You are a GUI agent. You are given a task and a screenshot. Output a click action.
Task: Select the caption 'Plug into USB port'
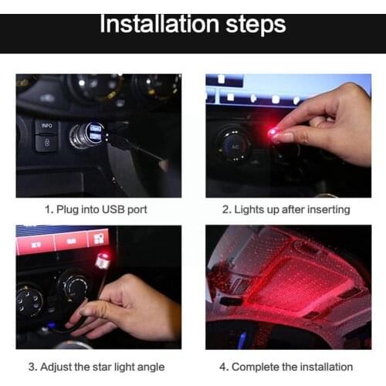click(x=96, y=209)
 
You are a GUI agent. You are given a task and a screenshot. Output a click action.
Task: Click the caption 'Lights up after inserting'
click(x=286, y=209)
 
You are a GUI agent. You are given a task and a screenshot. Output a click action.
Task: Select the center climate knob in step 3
click(x=75, y=286)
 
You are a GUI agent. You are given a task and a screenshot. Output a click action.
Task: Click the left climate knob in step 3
click(x=29, y=299)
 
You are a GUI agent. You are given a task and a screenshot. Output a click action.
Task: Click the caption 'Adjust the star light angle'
click(x=98, y=367)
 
